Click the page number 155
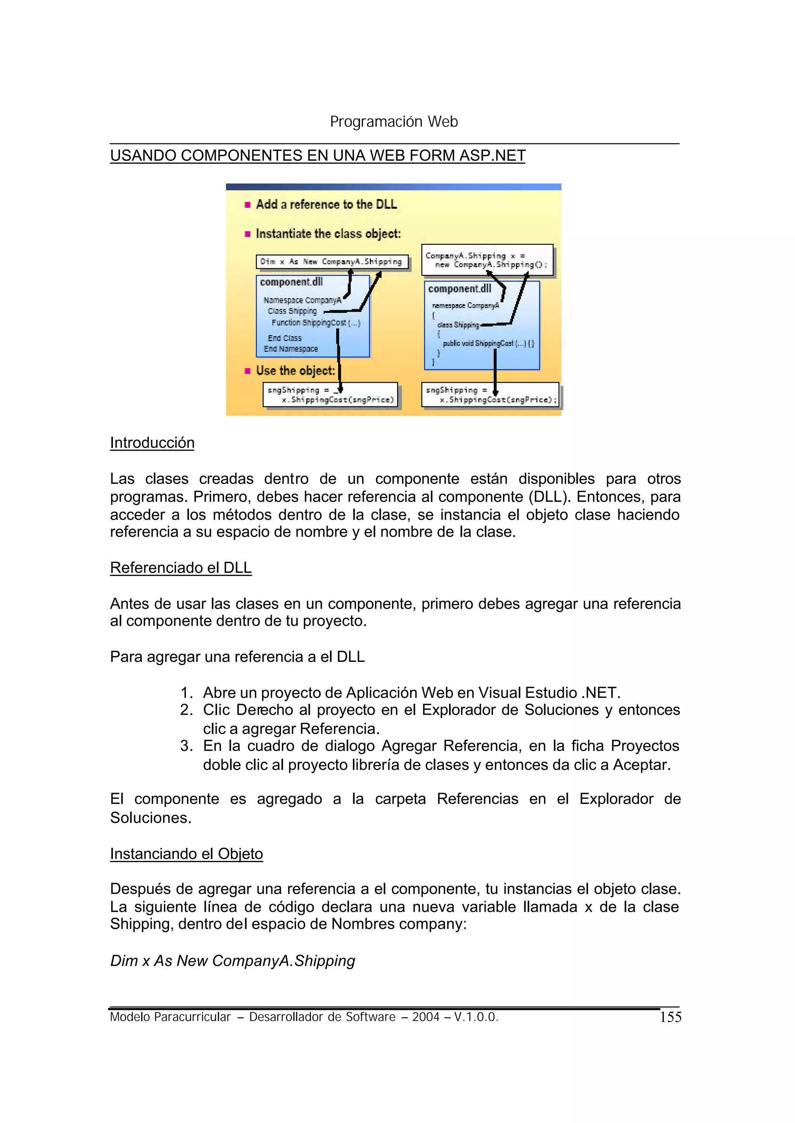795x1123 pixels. click(670, 1017)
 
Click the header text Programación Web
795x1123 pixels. click(394, 121)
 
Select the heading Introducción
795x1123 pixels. click(152, 443)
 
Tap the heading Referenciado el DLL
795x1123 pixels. click(181, 568)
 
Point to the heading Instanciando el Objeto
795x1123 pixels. click(186, 853)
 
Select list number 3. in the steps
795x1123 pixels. click(186, 746)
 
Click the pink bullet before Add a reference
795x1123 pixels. click(247, 205)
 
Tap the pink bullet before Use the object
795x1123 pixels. click(247, 371)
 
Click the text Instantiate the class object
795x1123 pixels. click(328, 234)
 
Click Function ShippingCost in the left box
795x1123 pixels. click(316, 323)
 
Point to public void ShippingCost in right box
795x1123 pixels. click(488, 343)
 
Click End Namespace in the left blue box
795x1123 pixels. click(291, 349)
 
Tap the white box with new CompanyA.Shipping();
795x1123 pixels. click(487, 260)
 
